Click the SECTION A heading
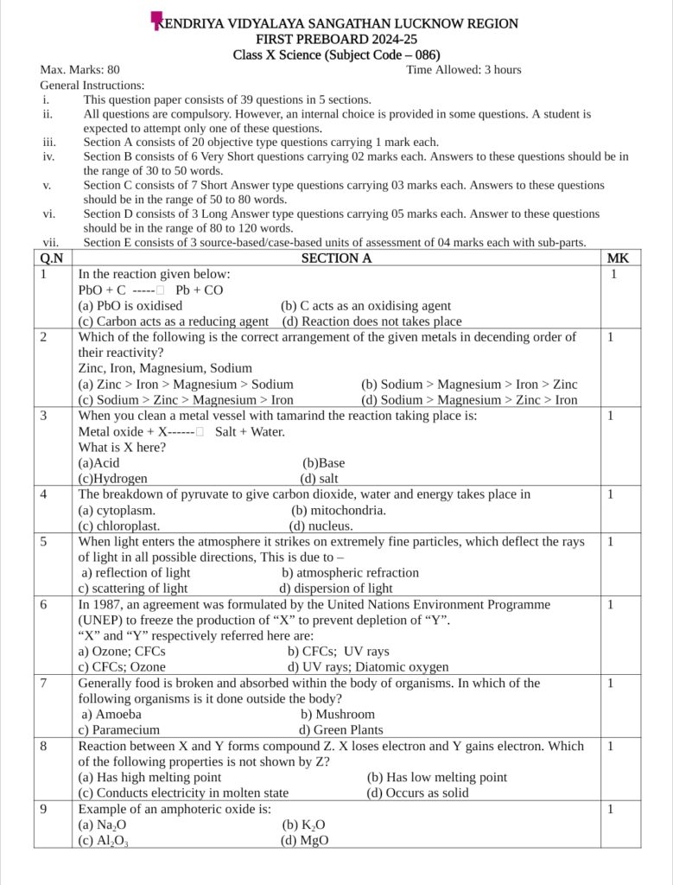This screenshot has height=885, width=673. point(336,258)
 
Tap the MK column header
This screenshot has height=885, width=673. point(618,258)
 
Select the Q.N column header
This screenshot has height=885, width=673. point(52,258)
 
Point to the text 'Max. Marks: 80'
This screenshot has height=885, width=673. point(79,70)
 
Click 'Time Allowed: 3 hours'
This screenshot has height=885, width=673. point(463,70)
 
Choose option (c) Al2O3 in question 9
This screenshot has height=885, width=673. point(103,840)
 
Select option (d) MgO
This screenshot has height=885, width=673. point(304,840)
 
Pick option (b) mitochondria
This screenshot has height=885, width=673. point(339,510)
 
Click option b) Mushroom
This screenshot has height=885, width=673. point(338,714)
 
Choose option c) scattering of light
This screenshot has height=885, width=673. point(133,589)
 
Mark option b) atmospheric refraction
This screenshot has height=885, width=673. point(350,572)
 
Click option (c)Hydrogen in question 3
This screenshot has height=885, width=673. point(112,478)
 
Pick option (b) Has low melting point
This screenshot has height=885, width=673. point(437,777)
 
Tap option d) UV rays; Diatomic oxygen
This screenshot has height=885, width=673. point(368,667)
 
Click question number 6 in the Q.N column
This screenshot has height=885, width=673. point(43,604)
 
